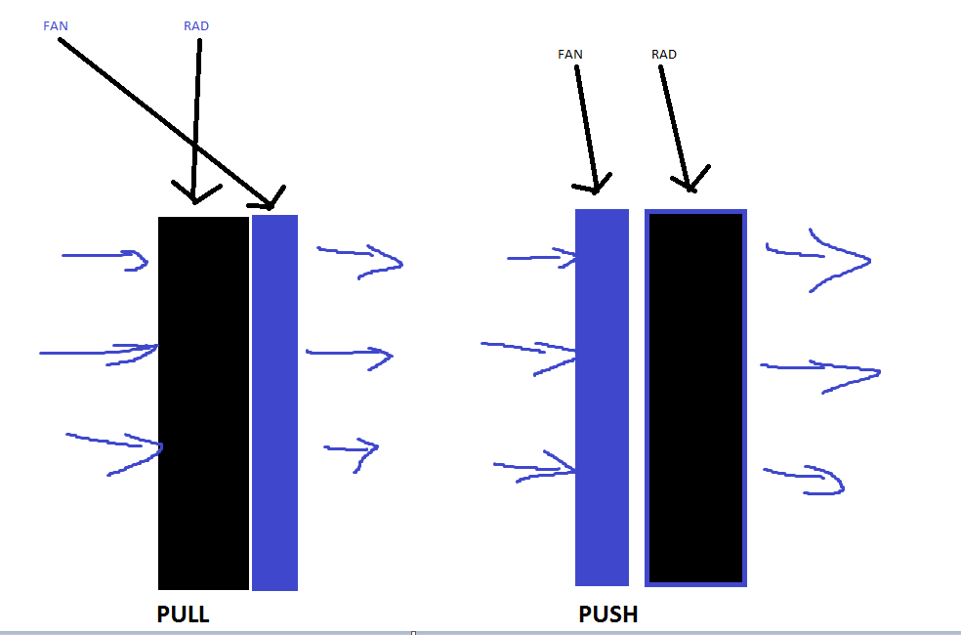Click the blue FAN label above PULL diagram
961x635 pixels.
click(x=56, y=25)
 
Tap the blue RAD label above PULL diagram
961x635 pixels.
click(x=196, y=25)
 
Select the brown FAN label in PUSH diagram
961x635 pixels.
click(x=570, y=55)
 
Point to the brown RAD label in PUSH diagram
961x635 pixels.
click(x=664, y=55)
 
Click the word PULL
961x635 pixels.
click(x=184, y=615)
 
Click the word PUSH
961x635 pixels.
click(x=608, y=615)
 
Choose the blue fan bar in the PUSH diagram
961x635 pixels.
click(x=602, y=397)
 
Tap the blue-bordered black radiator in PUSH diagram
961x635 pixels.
click(x=696, y=397)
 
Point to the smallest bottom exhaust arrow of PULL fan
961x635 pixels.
click(x=353, y=451)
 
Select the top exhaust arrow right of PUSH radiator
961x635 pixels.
click(x=818, y=257)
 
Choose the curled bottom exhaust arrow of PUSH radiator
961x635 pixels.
click(x=806, y=479)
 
